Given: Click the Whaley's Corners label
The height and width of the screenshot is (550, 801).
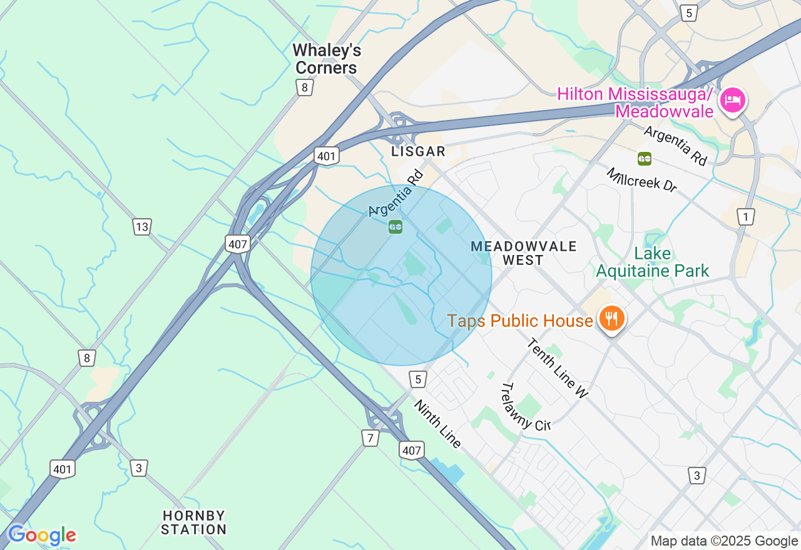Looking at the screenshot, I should click(327, 59).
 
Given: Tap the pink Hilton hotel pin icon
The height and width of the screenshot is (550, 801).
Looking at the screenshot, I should click(732, 100).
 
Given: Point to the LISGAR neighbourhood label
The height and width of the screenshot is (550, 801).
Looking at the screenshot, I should click(418, 151).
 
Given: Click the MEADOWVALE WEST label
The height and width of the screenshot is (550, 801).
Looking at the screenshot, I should click(523, 253).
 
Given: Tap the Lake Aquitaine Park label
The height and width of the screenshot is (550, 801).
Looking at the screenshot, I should click(653, 262).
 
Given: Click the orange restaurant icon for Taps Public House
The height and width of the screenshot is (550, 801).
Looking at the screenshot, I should click(611, 319).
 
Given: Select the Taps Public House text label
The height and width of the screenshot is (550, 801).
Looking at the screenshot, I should click(519, 321).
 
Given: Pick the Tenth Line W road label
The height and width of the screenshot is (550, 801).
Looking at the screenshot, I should click(558, 368).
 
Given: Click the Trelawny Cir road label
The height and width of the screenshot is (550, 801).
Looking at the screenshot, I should click(524, 407).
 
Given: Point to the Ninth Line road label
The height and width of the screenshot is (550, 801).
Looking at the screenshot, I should click(438, 424).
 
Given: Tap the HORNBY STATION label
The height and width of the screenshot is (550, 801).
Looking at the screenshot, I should click(194, 522).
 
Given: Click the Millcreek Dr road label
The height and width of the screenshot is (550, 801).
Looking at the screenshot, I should click(641, 180).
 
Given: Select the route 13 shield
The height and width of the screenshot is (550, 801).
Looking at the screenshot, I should click(142, 226).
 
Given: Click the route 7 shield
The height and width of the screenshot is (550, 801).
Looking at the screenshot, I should click(370, 438).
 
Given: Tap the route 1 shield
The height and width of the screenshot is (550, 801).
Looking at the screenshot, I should click(745, 217).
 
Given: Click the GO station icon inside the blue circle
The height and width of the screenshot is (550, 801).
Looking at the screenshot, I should click(395, 227).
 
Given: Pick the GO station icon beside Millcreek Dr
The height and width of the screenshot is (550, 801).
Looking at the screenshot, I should click(645, 159).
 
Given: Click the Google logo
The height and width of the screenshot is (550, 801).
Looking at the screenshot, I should click(41, 535).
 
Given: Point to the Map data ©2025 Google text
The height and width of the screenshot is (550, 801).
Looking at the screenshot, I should click(724, 541).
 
